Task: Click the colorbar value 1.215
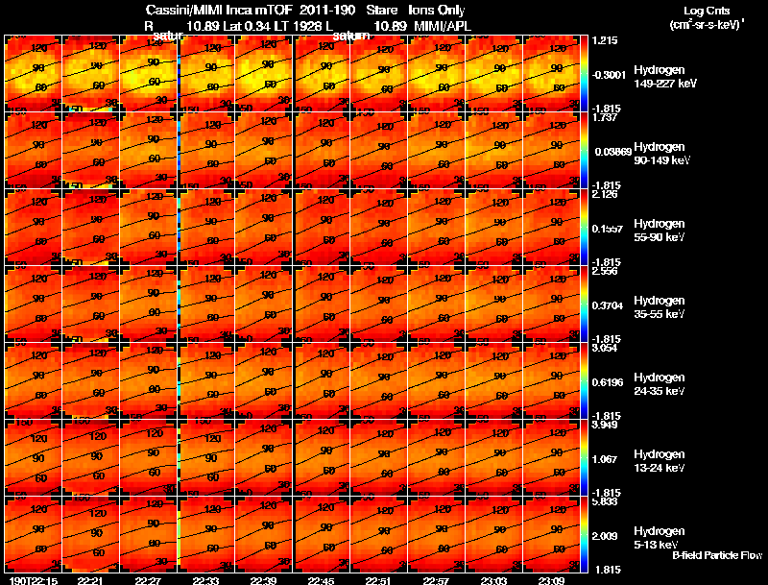click(x=604, y=40)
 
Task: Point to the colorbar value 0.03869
click(x=609, y=152)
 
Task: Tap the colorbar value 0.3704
click(x=606, y=305)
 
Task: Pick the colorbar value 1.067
click(x=604, y=459)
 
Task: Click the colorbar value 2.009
click(x=604, y=536)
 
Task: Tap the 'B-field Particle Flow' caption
click(x=717, y=555)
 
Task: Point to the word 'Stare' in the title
click(x=382, y=9)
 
